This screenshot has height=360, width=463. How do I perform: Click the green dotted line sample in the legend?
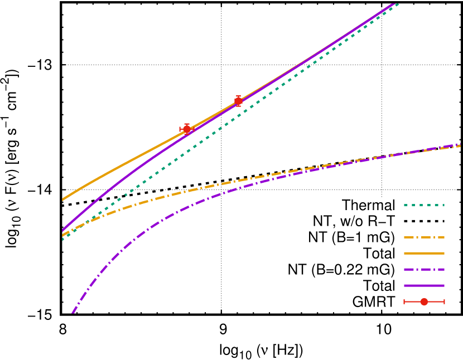click(424, 205)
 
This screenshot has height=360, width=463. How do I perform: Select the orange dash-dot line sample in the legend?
click(424, 237)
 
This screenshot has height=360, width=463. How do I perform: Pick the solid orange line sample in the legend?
click(424, 254)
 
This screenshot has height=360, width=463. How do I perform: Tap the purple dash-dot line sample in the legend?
click(424, 270)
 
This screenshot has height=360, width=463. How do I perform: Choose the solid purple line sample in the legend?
click(424, 286)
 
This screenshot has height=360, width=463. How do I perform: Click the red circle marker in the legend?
click(424, 301)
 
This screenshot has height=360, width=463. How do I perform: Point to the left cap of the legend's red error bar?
click(404, 301)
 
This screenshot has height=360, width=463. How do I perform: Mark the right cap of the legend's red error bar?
click(445, 301)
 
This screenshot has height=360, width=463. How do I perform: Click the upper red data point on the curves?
click(238, 101)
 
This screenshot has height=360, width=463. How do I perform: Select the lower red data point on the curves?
click(187, 129)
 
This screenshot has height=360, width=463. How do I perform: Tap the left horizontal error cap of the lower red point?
click(180, 129)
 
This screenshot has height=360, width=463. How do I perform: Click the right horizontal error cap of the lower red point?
click(194, 129)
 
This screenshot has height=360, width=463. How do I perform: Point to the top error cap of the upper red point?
click(238, 96)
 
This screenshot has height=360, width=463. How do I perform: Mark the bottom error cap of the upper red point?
click(238, 106)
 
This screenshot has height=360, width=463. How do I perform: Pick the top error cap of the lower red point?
click(187, 124)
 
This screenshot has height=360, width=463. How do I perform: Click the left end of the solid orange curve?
click(62, 200)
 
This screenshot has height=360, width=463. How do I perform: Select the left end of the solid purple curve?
click(62, 230)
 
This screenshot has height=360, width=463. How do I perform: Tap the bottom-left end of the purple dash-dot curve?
click(73, 313)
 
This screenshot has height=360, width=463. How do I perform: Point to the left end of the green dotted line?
click(62, 240)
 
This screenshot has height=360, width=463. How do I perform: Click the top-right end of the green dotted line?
click(397, 4)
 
